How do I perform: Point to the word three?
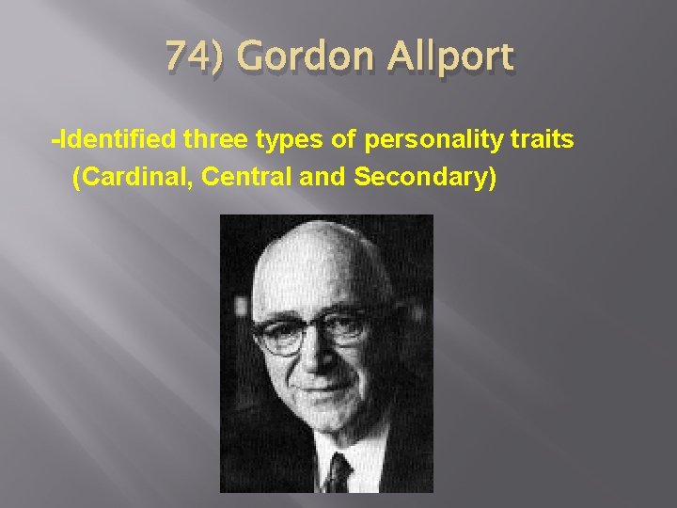(219, 140)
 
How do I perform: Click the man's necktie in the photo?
(336, 472)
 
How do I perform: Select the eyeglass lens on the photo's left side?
(281, 334)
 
